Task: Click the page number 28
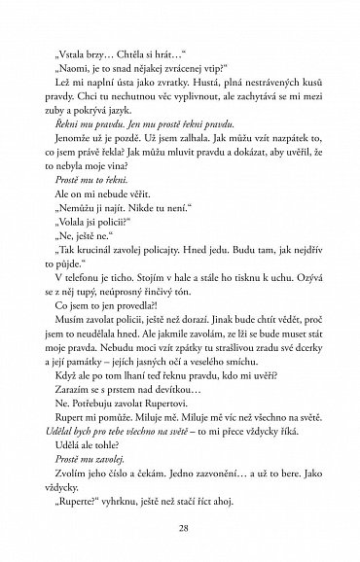click(180, 525)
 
